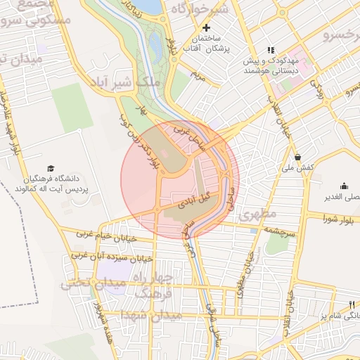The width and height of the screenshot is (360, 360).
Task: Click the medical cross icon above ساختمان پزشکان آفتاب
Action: coord(205,27)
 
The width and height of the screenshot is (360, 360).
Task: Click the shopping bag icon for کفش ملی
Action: coord(299,157)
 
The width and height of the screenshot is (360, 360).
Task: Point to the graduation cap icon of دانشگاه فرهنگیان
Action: coord(50,168)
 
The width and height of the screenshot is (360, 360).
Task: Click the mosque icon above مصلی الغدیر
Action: coord(344,186)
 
